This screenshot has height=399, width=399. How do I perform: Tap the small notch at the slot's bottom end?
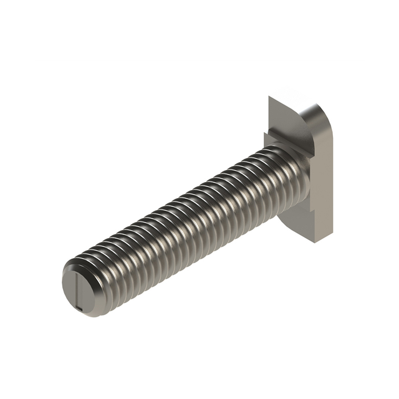79,307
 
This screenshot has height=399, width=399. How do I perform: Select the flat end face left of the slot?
69,288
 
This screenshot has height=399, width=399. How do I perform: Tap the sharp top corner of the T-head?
269,97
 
